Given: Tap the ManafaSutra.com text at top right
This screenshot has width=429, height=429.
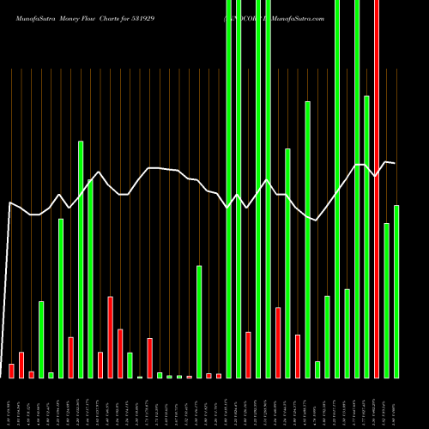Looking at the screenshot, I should (x=292, y=18).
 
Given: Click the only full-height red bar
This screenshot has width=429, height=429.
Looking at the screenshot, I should (x=377, y=189).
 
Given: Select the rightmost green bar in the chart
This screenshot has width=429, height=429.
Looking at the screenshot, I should (x=396, y=292).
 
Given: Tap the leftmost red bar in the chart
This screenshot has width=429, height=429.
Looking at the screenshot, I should (x=11, y=371).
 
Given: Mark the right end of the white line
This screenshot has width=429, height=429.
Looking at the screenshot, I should (x=395, y=162).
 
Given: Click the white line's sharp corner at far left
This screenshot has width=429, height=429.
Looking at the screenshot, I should (x=9, y=202).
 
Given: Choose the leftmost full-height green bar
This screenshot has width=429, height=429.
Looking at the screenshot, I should (x=228, y=189).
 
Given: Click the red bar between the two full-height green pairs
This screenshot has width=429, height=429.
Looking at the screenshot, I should (x=248, y=354).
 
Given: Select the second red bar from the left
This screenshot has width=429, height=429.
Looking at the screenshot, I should (x=21, y=365).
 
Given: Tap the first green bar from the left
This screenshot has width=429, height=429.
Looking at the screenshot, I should (x=41, y=339).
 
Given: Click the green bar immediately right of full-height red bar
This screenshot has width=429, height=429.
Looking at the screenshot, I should (x=387, y=300).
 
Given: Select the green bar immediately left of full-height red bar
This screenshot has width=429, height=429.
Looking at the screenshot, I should (x=367, y=236).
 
